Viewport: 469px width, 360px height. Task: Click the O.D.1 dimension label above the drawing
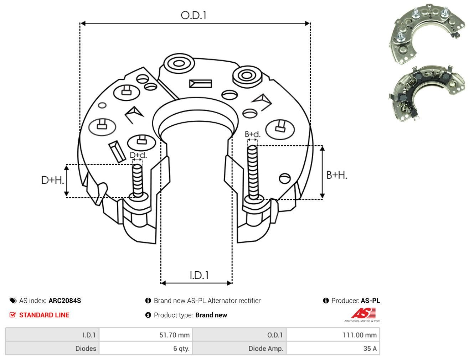tap(194, 15)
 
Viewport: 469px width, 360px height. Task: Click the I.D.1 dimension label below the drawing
tap(199, 275)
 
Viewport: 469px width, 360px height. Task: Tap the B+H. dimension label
tap(336, 175)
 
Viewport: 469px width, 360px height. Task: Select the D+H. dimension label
tap(52, 180)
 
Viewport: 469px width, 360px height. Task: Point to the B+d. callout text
tap(252, 134)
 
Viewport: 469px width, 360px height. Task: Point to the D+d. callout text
tap(138, 155)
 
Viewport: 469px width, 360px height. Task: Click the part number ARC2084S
tap(65, 301)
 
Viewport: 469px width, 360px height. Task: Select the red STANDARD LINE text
tap(44, 315)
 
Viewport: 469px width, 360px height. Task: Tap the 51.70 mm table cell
tap(146, 335)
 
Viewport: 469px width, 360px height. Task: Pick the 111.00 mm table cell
tap(333, 335)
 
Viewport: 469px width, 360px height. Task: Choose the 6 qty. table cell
tap(146, 348)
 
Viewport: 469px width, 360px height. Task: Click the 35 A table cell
tap(333, 348)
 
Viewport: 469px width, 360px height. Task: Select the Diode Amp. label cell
tap(239, 348)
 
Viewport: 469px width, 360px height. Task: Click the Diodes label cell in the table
tap(52, 348)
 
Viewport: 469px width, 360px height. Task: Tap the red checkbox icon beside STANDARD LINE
tap(13, 315)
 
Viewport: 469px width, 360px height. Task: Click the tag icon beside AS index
tap(13, 301)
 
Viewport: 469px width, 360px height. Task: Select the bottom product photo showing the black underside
tap(426, 93)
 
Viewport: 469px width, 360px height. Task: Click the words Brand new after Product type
tap(211, 315)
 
